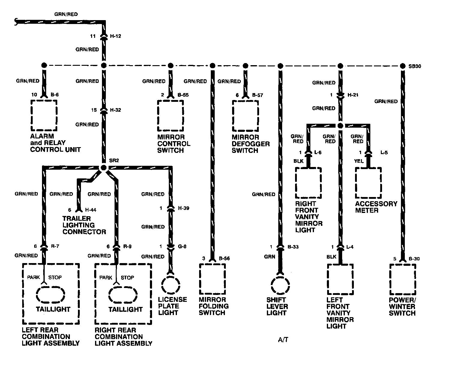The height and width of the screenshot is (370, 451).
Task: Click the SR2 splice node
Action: [103, 168]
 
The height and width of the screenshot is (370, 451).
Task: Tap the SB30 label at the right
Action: [415, 66]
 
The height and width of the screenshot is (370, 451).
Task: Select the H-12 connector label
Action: [115, 36]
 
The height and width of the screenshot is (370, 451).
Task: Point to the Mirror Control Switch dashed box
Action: [171, 116]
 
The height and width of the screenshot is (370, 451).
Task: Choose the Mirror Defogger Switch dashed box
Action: [245, 116]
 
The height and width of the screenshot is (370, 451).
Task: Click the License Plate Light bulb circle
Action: [171, 284]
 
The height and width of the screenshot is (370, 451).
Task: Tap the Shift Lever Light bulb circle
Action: [280, 284]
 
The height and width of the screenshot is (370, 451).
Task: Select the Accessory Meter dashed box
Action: [368, 183]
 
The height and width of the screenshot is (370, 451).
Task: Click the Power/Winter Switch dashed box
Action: [402, 280]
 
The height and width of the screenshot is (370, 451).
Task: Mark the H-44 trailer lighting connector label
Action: [91, 210]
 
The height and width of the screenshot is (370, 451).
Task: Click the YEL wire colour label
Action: [359, 161]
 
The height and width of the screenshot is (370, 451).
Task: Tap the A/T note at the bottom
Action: [283, 340]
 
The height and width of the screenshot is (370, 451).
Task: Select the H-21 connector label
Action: [353, 95]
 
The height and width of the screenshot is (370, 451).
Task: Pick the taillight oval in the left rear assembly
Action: [51, 295]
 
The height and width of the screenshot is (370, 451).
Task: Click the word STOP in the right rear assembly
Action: [127, 277]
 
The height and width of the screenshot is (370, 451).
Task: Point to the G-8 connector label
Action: [182, 247]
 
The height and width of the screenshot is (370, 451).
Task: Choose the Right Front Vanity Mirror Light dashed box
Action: [309, 183]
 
